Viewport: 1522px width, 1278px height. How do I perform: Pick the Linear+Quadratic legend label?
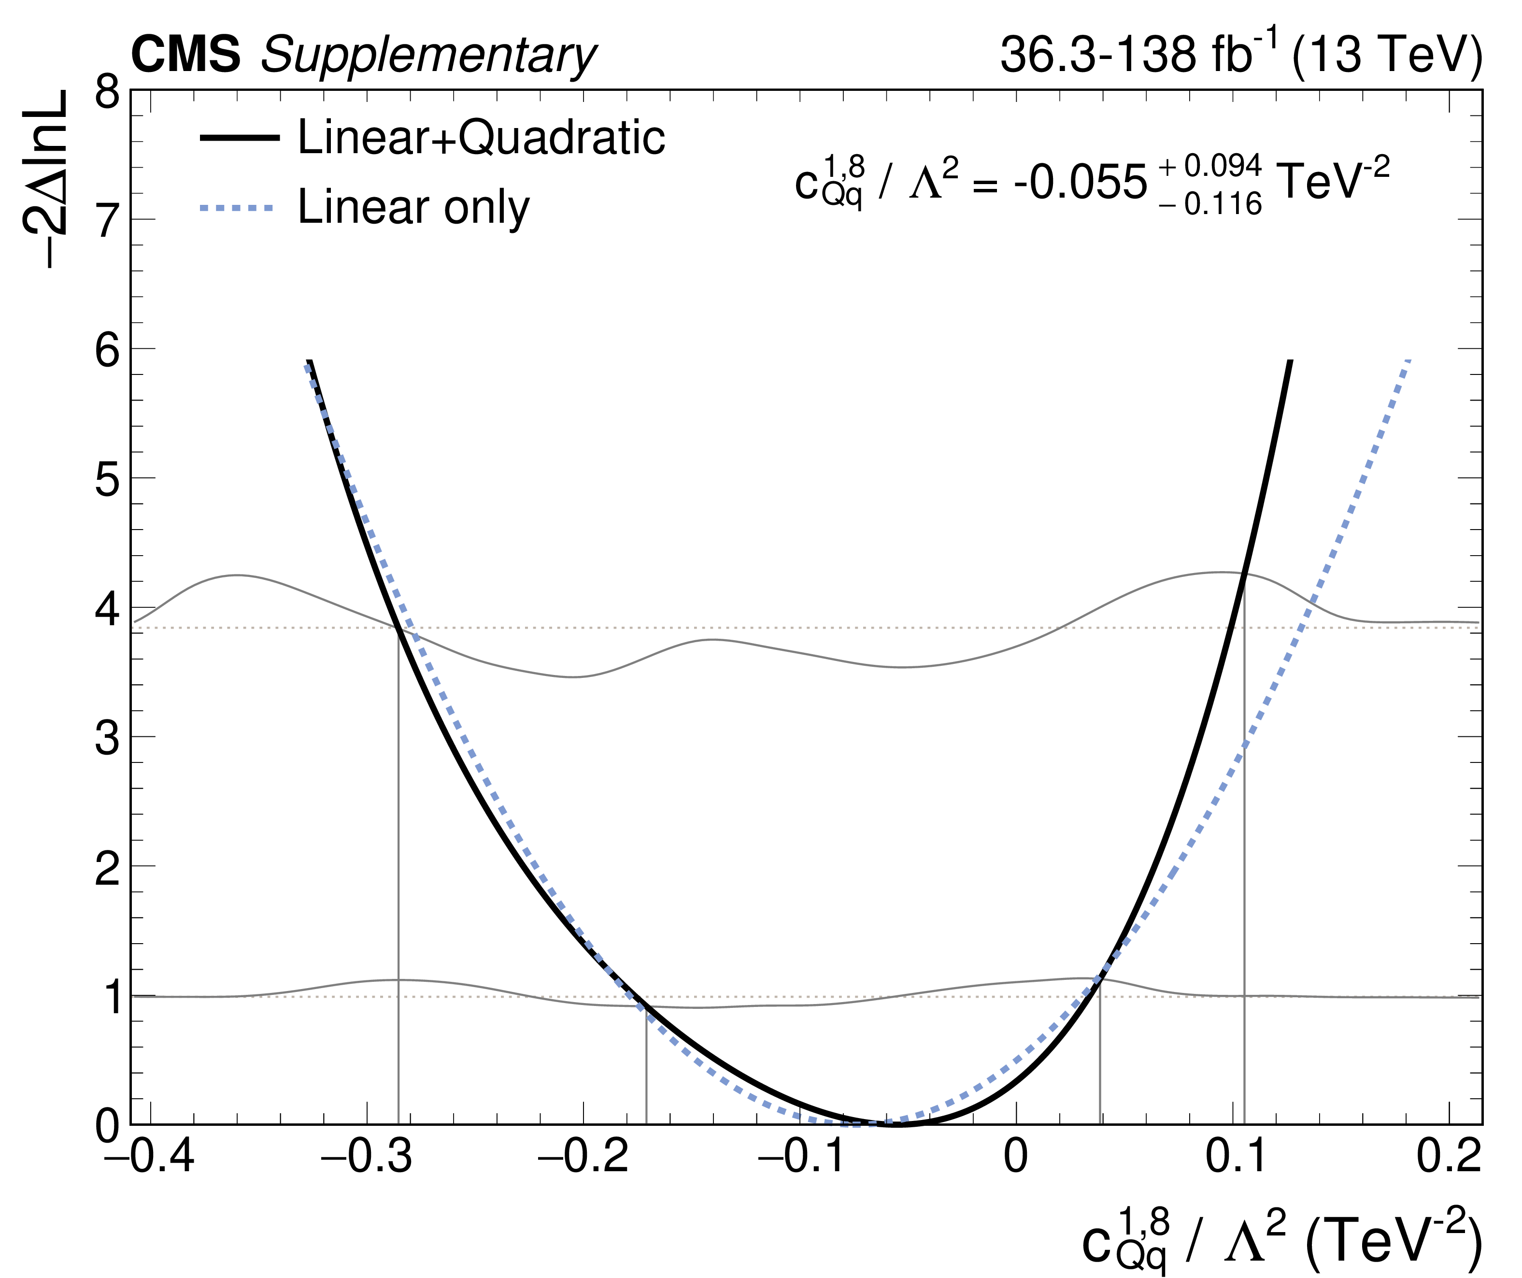[x=481, y=137]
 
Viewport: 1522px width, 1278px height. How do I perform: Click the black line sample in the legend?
[x=239, y=138]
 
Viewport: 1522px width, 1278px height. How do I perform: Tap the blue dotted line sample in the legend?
[x=239, y=208]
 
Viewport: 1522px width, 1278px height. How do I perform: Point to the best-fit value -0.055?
[x=1080, y=183]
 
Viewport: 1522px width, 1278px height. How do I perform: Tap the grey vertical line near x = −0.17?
[x=646, y=1065]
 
